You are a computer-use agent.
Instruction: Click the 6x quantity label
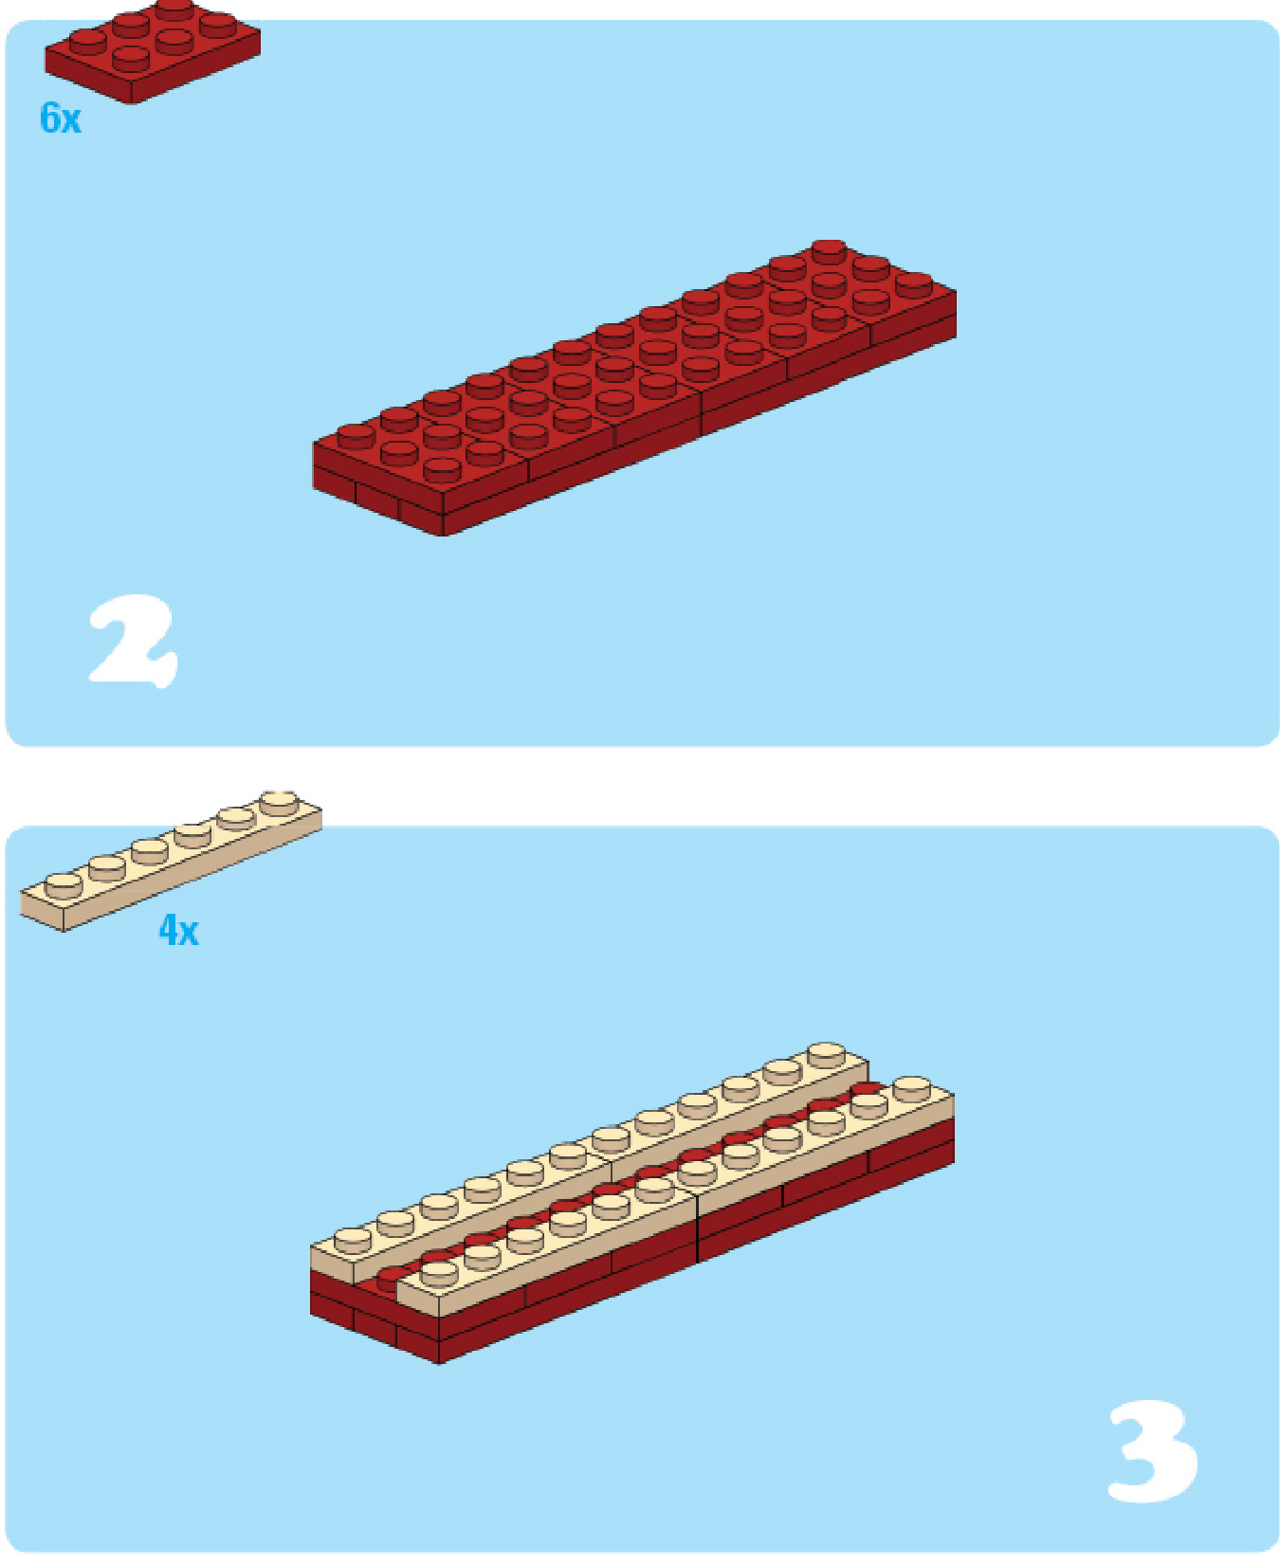[61, 118]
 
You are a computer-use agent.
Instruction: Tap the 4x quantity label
[178, 930]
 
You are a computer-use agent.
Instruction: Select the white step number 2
[133, 641]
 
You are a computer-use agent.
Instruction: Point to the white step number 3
[1153, 1452]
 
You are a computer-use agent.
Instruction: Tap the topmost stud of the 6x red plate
[174, 9]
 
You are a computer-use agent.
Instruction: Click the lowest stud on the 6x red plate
[131, 58]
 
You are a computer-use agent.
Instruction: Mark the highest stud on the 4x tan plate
[278, 801]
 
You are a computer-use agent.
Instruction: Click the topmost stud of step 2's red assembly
[829, 251]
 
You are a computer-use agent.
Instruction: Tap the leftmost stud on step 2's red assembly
[356, 436]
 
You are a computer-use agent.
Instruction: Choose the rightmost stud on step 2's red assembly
[914, 283]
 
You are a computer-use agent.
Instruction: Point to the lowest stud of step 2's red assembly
[442, 468]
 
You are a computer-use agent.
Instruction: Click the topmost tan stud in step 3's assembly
[826, 1055]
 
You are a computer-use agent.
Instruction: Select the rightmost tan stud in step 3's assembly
[911, 1088]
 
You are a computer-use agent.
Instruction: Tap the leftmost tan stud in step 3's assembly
[353, 1240]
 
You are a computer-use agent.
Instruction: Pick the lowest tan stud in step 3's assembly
[439, 1273]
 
